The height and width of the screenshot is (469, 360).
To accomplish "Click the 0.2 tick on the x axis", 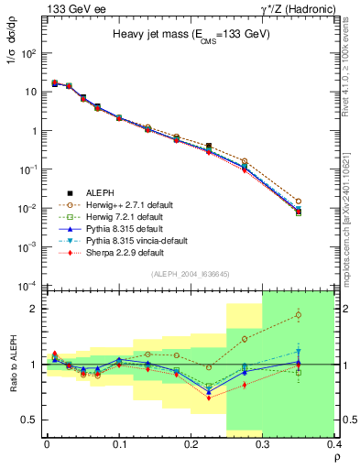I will pos(191,444).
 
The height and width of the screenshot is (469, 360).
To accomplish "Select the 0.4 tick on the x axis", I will pos(333,444).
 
